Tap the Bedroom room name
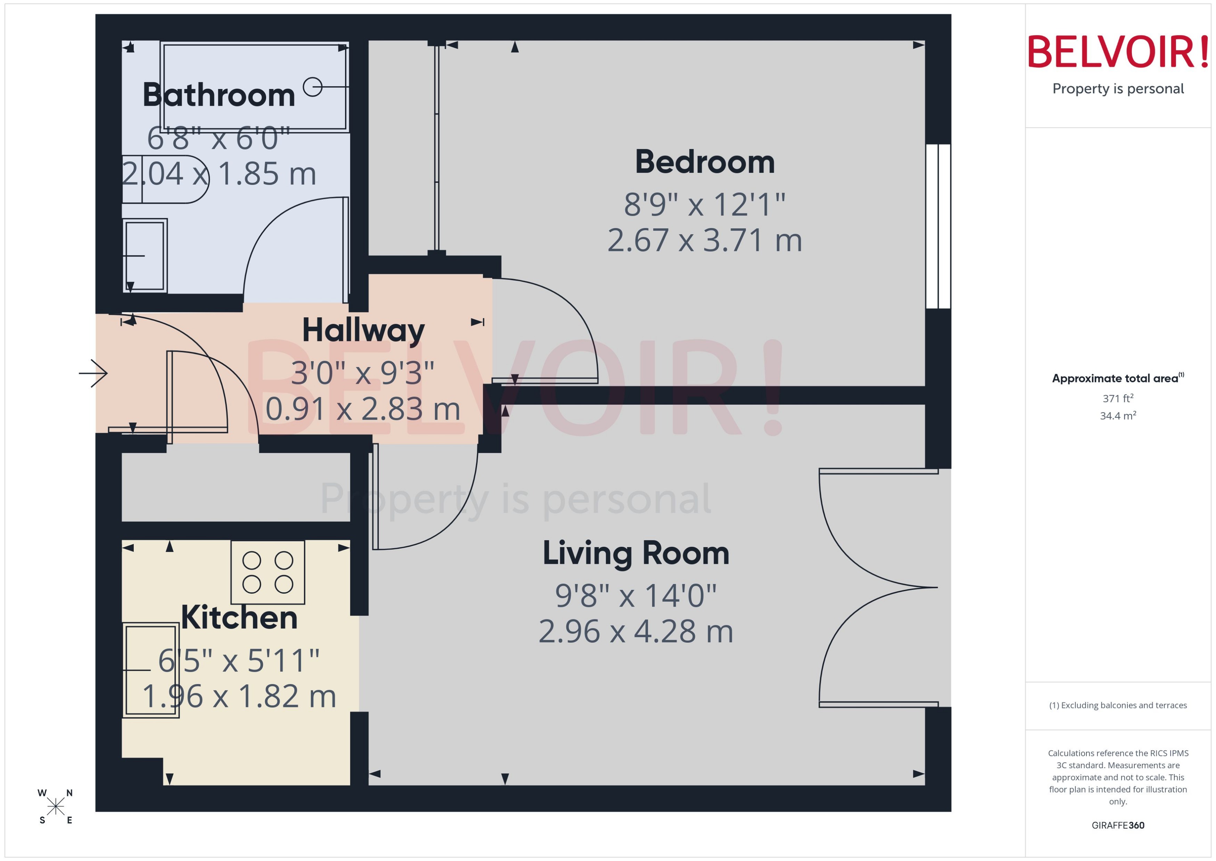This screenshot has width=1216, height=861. click(x=704, y=162)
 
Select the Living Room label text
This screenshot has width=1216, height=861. click(x=635, y=553)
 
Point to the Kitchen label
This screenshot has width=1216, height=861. click(x=239, y=618)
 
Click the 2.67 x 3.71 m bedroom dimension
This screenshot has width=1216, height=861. click(x=704, y=241)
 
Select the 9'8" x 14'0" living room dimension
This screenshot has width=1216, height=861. click(x=635, y=596)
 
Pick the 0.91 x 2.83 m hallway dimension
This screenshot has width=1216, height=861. click(x=363, y=409)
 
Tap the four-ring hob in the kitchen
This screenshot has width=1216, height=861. click(x=268, y=572)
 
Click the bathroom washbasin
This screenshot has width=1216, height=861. click(x=145, y=255)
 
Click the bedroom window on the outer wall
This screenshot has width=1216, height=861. click(x=938, y=226)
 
